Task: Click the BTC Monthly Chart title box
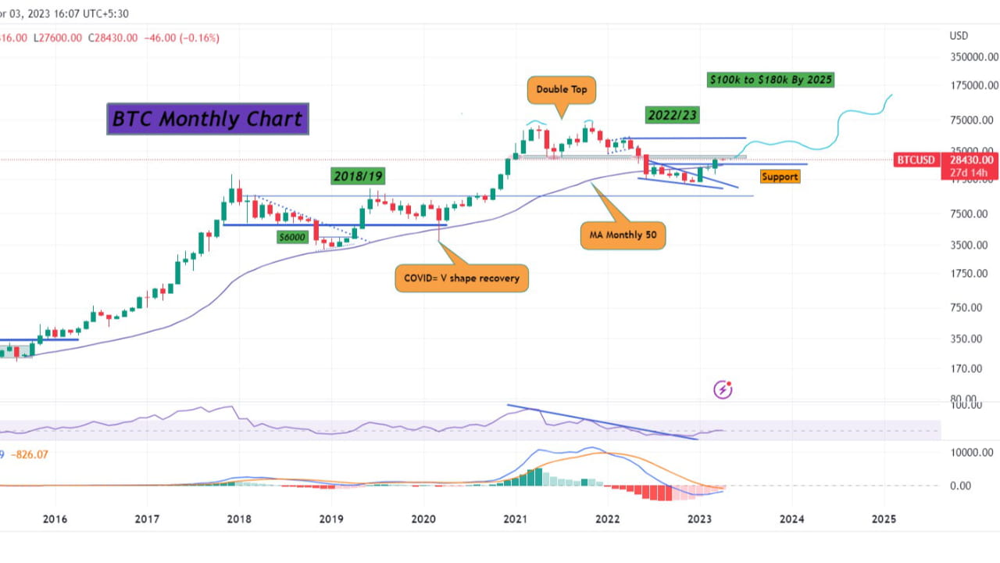pos(207,119)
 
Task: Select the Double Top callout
pos(562,90)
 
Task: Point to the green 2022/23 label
pos(671,115)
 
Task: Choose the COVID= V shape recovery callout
pos(461,278)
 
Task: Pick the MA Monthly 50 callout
pos(623,235)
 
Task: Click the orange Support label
pos(779,177)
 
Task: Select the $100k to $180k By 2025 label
pos(770,80)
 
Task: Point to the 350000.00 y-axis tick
pos(973,57)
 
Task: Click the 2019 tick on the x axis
pos(331,518)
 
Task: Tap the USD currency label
pos(959,36)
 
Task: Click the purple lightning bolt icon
pos(723,389)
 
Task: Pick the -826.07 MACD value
pos(32,454)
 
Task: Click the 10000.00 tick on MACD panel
pos(970,452)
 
